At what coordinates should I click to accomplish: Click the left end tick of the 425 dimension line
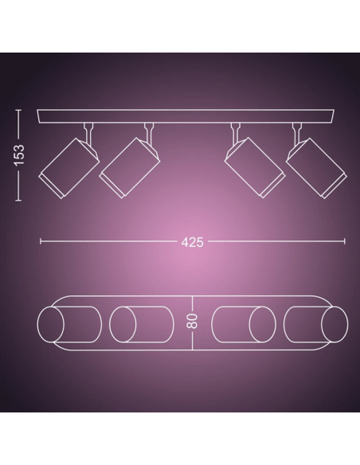(x=41, y=241)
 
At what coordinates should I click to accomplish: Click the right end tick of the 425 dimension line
(x=345, y=241)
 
